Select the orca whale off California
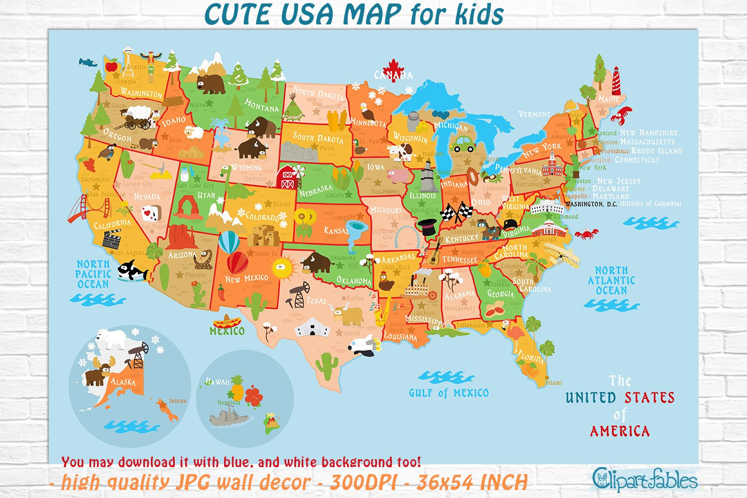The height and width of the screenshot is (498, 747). tap(132, 271)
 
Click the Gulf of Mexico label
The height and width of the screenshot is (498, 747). tap(449, 393)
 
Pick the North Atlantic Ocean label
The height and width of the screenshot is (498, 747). tap(612, 280)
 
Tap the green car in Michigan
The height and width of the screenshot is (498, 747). tap(463, 144)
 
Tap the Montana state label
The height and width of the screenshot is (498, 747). tap(262, 106)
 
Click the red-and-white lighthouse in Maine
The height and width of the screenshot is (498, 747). tap(617, 80)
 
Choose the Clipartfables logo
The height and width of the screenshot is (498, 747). tap(644, 480)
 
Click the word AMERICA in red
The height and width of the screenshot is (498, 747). tap(620, 431)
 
